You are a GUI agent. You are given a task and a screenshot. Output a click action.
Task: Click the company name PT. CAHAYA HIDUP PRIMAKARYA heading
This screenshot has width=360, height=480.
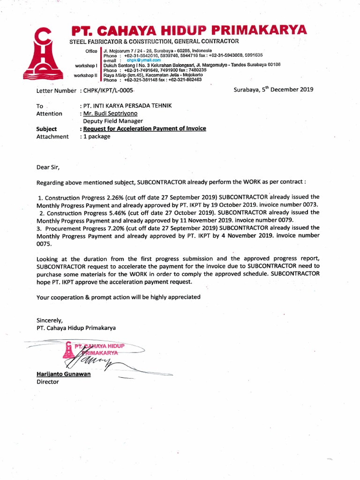pos(189,31)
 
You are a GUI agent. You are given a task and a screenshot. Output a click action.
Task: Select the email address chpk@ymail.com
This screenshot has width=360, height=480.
pos(143,60)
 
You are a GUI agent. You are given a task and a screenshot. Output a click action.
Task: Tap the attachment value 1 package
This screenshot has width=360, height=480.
pos(97,136)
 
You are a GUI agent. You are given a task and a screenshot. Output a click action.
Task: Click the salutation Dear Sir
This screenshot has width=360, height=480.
pos(48,166)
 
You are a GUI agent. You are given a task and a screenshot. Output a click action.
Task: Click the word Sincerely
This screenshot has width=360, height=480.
pos(49,320)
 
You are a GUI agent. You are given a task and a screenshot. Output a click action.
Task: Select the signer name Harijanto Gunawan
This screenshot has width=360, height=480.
pos(64,374)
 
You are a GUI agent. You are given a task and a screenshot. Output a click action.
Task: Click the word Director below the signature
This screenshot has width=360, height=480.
pos(48,382)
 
